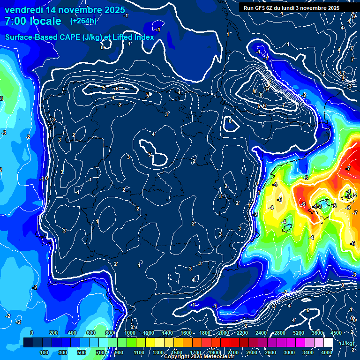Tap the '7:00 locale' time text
pos(33,21)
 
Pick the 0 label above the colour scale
pos(32,333)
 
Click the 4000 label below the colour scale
pos(327,352)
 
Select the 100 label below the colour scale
pos(44,352)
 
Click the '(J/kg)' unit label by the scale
pos(347,343)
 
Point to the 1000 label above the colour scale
pos(129,333)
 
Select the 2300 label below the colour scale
pos(252,352)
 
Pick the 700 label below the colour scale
pos(100,352)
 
